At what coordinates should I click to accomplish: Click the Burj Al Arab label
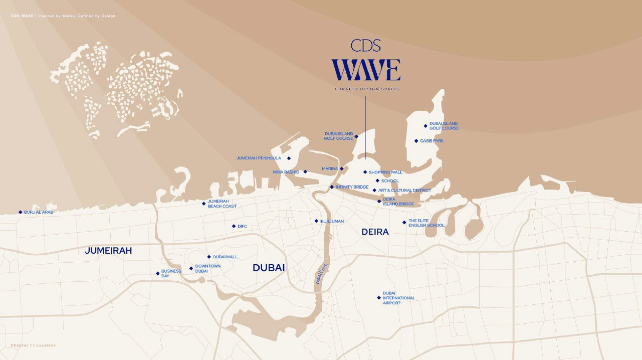39,212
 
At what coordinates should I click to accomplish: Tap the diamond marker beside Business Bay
158,273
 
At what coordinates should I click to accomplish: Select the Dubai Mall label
225,257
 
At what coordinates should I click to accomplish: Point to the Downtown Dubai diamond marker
191,268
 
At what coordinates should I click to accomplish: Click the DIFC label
243,226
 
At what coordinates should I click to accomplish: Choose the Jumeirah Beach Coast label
222,204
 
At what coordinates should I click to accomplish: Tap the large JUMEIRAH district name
108,251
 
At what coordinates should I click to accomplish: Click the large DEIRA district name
375,232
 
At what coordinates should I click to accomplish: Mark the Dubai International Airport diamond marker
379,298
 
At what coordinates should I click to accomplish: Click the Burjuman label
332,221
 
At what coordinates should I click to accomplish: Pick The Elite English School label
426,223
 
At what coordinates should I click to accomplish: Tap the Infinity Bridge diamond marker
332,187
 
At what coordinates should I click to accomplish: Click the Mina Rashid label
286,172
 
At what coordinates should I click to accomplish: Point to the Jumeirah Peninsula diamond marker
289,158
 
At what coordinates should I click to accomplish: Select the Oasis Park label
432,141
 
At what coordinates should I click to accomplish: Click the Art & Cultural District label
404,191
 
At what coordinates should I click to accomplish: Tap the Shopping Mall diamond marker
365,172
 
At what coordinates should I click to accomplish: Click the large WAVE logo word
365,70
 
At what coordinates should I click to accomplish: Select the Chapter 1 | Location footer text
33,345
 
